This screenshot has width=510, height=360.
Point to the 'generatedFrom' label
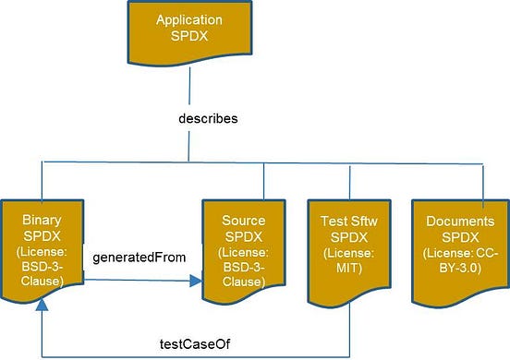point(135,258)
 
